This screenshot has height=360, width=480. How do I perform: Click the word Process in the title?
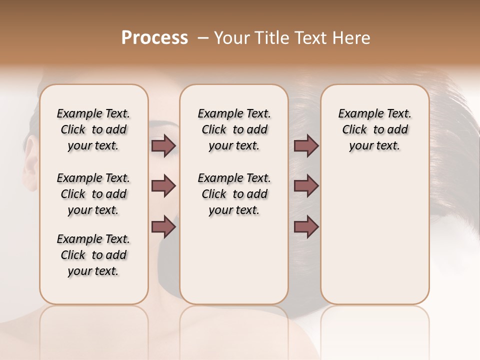pyautogui.click(x=154, y=38)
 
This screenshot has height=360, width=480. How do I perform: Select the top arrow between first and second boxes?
pyautogui.click(x=163, y=145)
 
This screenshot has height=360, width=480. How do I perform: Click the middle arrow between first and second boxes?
pyautogui.click(x=163, y=186)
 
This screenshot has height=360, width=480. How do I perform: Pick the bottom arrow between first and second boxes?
pyautogui.click(x=163, y=227)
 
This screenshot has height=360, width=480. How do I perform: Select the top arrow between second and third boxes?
pyautogui.click(x=306, y=145)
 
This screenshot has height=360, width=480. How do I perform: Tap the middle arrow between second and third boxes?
pyautogui.click(x=306, y=186)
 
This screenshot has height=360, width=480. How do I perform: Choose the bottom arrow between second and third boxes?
pyautogui.click(x=306, y=227)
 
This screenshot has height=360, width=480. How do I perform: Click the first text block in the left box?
pyautogui.click(x=93, y=129)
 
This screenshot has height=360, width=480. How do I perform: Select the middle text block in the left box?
pyautogui.click(x=93, y=194)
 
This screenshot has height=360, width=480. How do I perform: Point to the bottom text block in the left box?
pyautogui.click(x=93, y=255)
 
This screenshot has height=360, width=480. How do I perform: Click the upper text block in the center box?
pyautogui.click(x=234, y=129)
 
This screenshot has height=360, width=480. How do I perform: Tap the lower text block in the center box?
pyautogui.click(x=234, y=194)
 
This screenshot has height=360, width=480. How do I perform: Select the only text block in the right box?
pyautogui.click(x=374, y=129)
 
